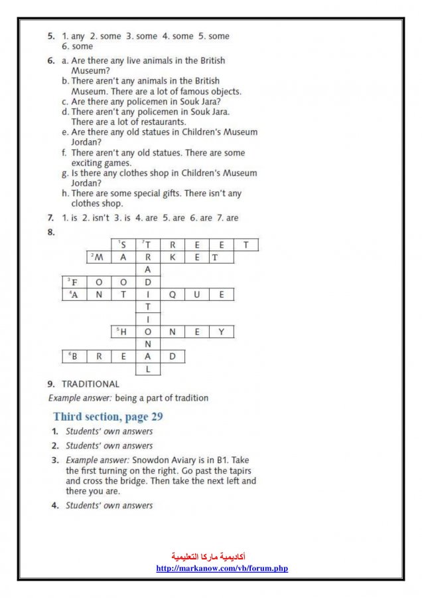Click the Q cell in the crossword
[173, 294]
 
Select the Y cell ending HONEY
[222, 332]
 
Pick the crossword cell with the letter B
[74, 356]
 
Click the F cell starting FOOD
[74, 282]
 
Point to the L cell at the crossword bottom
[148, 369]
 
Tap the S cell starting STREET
[123, 245]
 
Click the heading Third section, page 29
[107, 417]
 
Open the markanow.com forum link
[222, 568]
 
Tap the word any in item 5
[78, 36]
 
